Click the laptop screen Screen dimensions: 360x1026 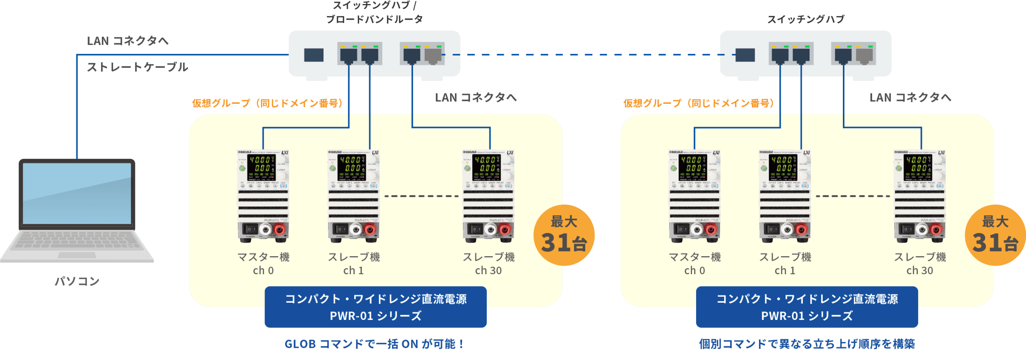(77, 193)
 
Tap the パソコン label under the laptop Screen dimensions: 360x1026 (77, 281)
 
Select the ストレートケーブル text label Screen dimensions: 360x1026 (137, 67)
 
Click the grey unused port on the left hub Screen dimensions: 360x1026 (434, 55)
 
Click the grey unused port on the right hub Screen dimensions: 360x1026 (864, 55)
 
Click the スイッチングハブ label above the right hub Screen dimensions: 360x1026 (806, 19)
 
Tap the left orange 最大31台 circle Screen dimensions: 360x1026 (564, 235)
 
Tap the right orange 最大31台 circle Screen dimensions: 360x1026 (995, 235)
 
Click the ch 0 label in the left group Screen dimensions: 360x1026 (263, 271)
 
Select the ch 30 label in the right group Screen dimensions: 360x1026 (919, 271)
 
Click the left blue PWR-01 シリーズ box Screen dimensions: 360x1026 (376, 307)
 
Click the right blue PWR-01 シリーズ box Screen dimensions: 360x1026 (807, 307)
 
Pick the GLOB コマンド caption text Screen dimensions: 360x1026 (374, 344)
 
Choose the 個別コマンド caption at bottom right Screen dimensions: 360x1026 (807, 344)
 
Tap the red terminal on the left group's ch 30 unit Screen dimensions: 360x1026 (505, 230)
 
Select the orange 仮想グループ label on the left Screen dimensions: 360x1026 (268, 103)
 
